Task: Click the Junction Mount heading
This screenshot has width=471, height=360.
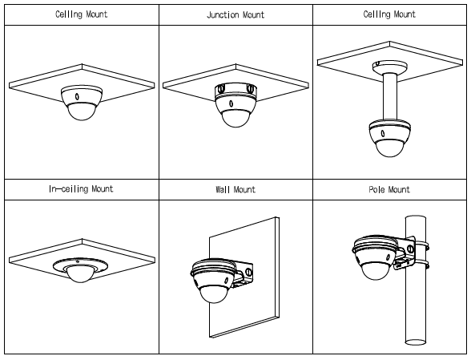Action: pyautogui.click(x=235, y=14)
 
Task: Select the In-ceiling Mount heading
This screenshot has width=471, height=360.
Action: pyautogui.click(x=81, y=189)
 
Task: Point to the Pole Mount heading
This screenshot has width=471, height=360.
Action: pyautogui.click(x=389, y=189)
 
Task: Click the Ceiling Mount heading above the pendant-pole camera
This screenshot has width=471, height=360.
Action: pyautogui.click(x=389, y=14)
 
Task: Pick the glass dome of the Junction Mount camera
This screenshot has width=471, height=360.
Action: pyautogui.click(x=235, y=118)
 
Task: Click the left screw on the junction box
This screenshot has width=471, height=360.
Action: pyautogui.click(x=222, y=89)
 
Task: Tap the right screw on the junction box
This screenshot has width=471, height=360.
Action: pyautogui.click(x=250, y=88)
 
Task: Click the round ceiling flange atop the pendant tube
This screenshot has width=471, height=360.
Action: pyautogui.click(x=390, y=67)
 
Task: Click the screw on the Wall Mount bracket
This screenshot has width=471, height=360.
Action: pyautogui.click(x=248, y=272)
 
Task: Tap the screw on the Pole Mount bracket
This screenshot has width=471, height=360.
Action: pyautogui.click(x=410, y=249)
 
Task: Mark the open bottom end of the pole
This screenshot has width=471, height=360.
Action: pyautogui.click(x=416, y=342)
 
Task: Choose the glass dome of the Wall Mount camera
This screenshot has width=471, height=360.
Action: pyautogui.click(x=214, y=293)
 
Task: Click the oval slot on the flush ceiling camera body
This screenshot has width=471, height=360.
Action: pyautogui.click(x=77, y=96)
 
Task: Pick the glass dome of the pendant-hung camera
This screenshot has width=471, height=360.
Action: pyautogui.click(x=389, y=148)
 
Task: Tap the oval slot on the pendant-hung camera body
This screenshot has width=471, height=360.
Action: pyautogui.click(x=382, y=133)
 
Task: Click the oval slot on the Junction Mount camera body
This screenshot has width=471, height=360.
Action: pyautogui.click(x=231, y=103)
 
